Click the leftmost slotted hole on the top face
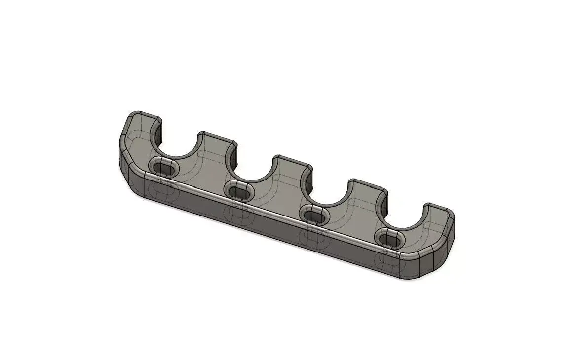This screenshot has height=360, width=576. point(164,169)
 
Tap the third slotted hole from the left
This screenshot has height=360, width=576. point(315,216)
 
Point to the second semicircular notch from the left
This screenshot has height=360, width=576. point(254,168)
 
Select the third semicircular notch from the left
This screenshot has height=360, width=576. point(330,192)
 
